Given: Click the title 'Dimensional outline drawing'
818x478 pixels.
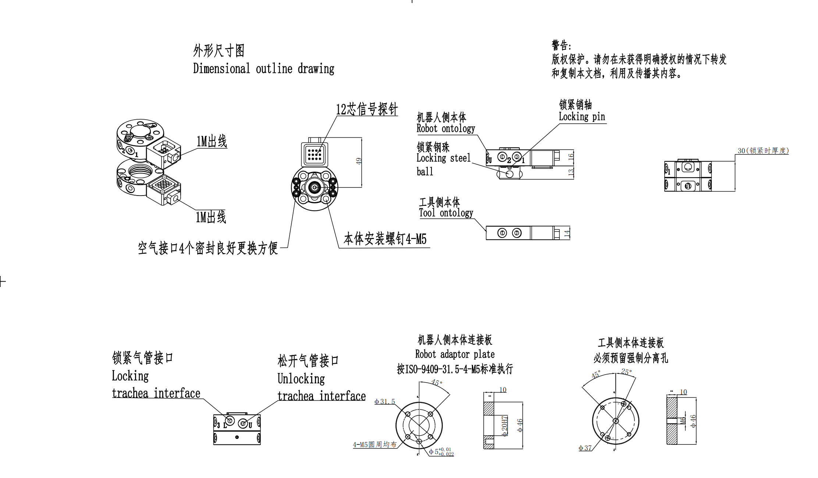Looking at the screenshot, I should (263, 69).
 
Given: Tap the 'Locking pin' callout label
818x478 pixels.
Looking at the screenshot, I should (582, 117).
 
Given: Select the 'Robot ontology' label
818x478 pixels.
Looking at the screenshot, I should (445, 129).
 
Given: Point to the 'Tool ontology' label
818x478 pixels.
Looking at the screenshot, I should (446, 213).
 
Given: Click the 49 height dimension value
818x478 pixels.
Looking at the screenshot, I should (359, 161).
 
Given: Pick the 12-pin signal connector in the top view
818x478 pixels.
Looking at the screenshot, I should (314, 154).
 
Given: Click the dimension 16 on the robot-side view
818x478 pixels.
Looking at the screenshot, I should (570, 157).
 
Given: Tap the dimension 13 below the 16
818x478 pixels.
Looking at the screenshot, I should (570, 172).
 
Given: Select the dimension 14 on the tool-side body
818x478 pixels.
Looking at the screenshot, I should (567, 233).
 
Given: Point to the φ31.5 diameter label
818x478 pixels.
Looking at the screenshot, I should (384, 401).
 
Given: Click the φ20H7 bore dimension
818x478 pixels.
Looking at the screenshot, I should (504, 426).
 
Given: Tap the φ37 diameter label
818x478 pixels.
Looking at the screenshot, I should (585, 448).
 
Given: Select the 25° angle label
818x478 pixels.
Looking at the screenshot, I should (626, 372).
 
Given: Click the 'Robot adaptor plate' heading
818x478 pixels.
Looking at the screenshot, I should (455, 354).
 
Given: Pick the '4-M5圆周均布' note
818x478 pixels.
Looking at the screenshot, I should (374, 444).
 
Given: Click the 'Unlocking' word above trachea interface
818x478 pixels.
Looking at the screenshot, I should (301, 379).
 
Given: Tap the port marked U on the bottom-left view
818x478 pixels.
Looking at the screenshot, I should (243, 423).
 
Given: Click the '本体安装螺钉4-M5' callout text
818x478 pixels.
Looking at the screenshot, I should (385, 239).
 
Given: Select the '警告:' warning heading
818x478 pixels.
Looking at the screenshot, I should (561, 46).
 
